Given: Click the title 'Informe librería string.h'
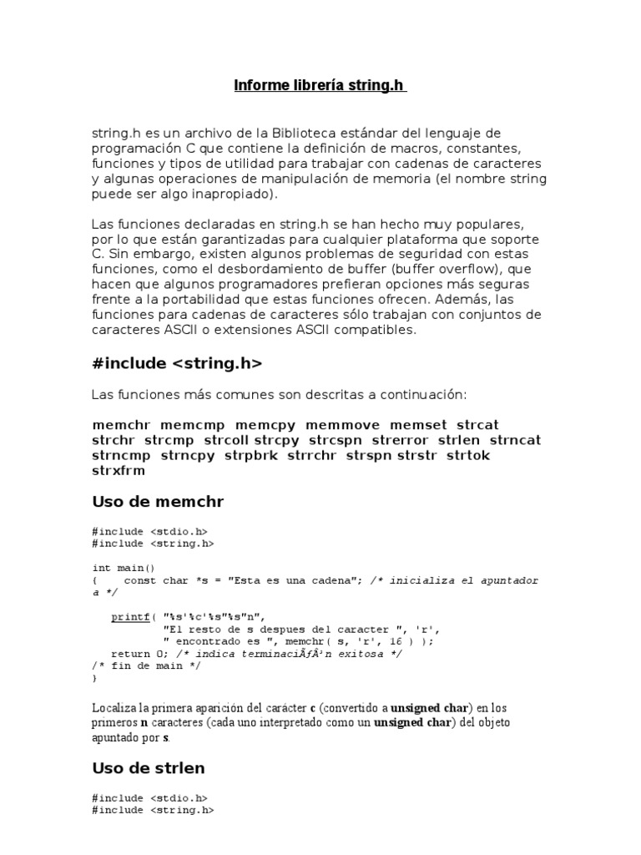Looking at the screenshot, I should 320,86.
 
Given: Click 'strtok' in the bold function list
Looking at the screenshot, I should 468,455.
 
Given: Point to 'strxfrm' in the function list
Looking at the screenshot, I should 119,470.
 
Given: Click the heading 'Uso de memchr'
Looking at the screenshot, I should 158,502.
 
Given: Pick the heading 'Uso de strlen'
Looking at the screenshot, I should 149,766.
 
